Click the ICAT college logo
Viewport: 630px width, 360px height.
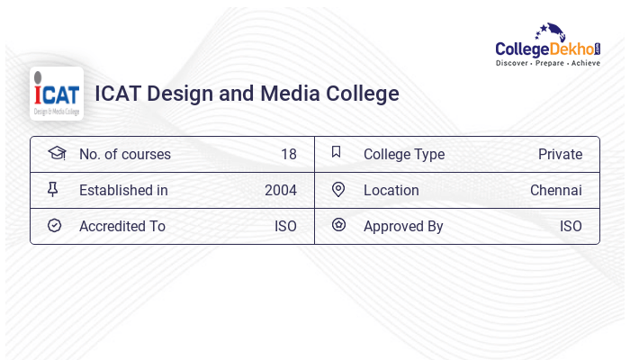click(57, 94)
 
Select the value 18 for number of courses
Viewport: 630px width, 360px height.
click(288, 154)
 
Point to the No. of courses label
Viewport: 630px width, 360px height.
click(124, 154)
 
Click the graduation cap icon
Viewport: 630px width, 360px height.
click(56, 153)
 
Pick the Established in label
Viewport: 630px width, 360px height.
click(123, 190)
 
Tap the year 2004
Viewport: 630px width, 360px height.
click(280, 190)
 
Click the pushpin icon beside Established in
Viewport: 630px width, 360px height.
click(53, 189)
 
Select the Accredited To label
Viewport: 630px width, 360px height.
click(121, 226)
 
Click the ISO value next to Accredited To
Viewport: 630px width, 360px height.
click(285, 226)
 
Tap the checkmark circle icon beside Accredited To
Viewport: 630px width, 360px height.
click(54, 225)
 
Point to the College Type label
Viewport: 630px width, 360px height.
click(403, 154)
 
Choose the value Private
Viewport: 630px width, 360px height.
click(560, 154)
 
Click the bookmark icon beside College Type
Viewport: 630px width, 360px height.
click(337, 152)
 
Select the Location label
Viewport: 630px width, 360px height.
click(391, 190)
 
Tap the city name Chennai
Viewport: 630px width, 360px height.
click(555, 190)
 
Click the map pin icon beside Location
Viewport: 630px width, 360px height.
click(338, 189)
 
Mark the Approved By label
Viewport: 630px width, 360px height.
click(403, 226)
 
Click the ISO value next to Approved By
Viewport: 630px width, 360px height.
click(571, 226)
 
